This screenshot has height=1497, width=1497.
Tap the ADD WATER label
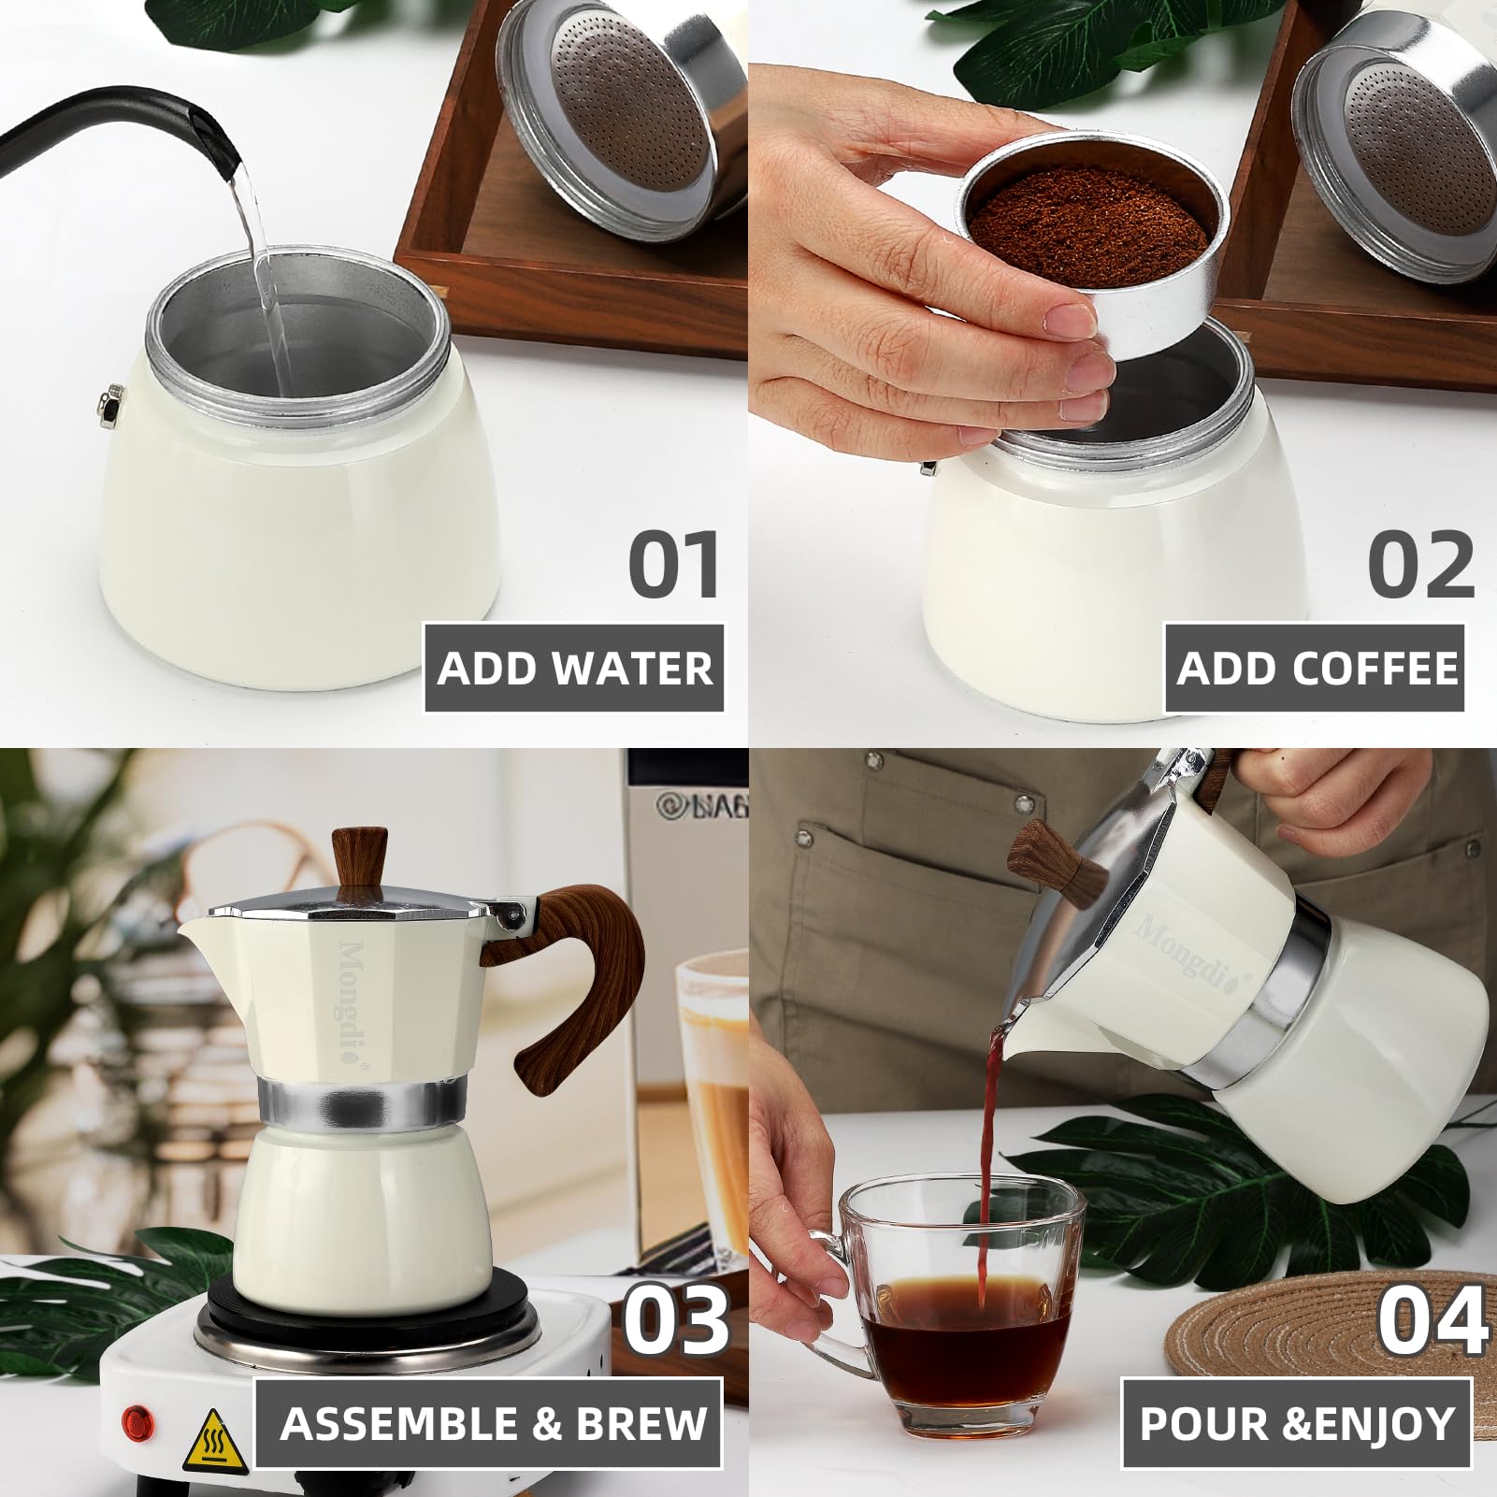tap(574, 668)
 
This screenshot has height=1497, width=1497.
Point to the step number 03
tap(675, 1317)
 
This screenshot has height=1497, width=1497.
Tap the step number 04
tap(1432, 1317)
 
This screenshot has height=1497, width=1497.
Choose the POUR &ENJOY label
tap(1296, 1423)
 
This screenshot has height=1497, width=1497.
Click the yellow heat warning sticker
tap(215, 1440)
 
